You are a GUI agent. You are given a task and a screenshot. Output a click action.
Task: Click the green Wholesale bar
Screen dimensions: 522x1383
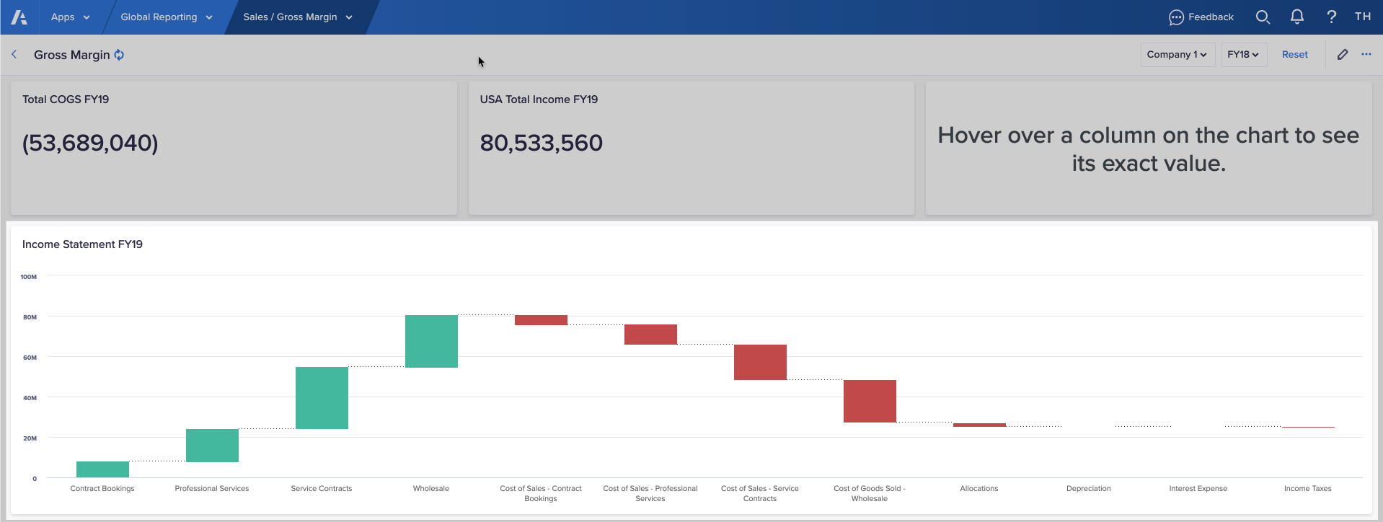click(x=431, y=341)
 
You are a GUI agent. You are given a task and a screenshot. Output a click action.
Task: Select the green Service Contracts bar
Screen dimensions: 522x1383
click(x=322, y=398)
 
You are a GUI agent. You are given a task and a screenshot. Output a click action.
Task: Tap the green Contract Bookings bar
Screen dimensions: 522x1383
click(x=102, y=469)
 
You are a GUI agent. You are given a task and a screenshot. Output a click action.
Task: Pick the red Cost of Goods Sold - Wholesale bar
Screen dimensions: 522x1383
click(x=870, y=401)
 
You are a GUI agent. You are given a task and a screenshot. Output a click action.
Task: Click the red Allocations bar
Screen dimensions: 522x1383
click(x=979, y=425)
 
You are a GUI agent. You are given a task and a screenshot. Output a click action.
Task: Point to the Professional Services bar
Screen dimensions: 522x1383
click(x=212, y=446)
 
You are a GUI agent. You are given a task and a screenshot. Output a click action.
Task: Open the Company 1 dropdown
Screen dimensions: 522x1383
click(x=1177, y=55)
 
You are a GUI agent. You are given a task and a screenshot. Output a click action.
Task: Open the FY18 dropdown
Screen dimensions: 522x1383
click(x=1243, y=55)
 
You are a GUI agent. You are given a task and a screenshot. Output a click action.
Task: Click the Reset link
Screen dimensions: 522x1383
click(x=1294, y=55)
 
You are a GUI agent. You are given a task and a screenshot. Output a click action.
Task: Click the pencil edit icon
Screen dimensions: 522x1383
click(x=1342, y=55)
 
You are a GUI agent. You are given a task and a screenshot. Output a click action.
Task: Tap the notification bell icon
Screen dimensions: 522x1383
click(x=1296, y=17)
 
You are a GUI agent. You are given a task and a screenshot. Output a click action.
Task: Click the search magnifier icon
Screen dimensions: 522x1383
click(x=1262, y=17)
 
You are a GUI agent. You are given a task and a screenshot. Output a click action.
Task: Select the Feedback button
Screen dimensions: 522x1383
click(x=1201, y=17)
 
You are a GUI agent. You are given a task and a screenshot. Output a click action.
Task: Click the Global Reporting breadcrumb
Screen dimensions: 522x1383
click(x=166, y=17)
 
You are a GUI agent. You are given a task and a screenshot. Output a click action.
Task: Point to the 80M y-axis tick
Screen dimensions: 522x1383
click(x=30, y=317)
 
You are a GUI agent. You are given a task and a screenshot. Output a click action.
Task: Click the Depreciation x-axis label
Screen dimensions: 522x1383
click(x=1088, y=489)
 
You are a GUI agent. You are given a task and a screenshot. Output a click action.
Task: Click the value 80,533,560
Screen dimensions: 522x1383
click(x=541, y=143)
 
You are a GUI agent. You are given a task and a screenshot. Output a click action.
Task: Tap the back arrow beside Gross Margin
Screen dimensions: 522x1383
click(x=14, y=55)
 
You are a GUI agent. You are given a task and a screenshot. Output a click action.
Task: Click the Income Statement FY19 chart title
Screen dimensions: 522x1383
click(x=82, y=244)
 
